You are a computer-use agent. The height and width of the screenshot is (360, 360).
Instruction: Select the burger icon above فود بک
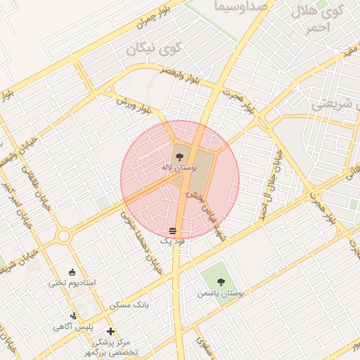(173, 231)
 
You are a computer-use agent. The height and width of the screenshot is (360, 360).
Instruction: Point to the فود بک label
(173, 241)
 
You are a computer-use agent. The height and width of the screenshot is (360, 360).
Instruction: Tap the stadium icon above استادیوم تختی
(72, 271)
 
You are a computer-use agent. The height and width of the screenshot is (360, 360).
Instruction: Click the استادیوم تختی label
(72, 283)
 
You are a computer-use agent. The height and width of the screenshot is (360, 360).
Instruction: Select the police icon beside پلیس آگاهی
(73, 316)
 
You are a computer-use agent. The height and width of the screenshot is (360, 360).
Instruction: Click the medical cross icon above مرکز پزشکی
(110, 331)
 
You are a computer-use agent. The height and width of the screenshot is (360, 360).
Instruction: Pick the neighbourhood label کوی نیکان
(153, 50)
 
